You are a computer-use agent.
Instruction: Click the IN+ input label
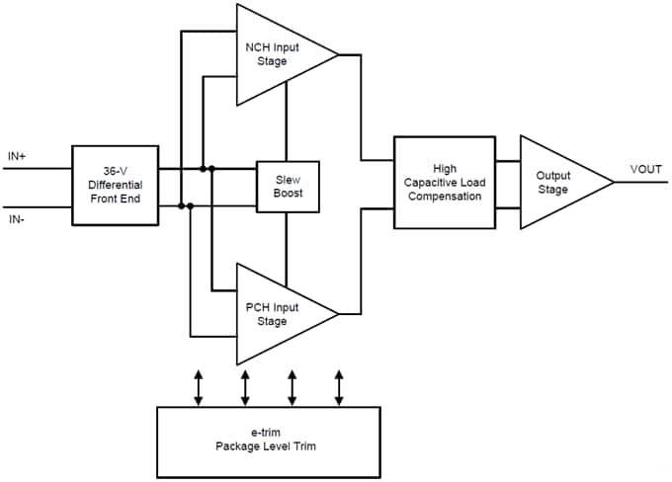[x=18, y=155]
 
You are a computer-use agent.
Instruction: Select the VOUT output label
[x=646, y=170]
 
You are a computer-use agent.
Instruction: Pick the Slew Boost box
[x=287, y=185]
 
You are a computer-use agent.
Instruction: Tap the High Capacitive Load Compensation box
[x=444, y=183]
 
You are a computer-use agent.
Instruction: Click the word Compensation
[x=444, y=197]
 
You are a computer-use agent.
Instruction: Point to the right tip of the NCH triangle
[x=337, y=54]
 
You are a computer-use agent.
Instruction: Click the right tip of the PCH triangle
[x=337, y=314]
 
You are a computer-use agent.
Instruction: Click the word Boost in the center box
[x=287, y=193]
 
